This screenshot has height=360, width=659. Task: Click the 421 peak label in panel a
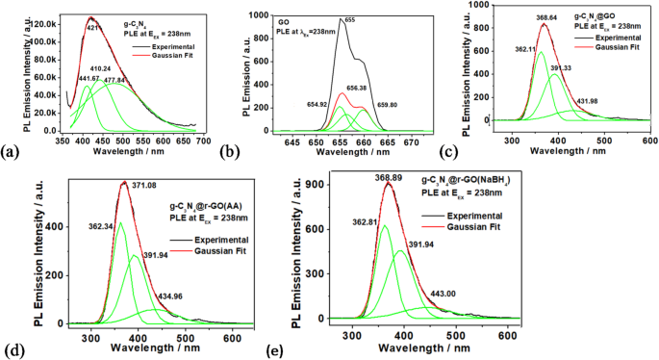point(94,28)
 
